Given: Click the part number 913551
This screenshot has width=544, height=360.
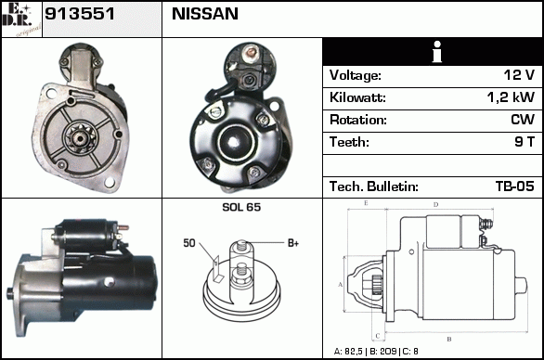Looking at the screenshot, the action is pos(80,14).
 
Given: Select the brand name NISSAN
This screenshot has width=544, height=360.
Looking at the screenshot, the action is pos(205,14).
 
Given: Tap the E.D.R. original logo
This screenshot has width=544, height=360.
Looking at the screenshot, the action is pos(21,19).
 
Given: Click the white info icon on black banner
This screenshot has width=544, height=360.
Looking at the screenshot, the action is pos(437,52).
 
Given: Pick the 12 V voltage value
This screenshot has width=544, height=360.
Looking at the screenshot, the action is pos(519,75).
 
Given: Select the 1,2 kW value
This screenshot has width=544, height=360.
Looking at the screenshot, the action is pos(511,97).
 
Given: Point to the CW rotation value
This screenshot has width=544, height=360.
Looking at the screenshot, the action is pos(523,120).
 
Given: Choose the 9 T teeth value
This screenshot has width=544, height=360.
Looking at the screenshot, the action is pos(525,142).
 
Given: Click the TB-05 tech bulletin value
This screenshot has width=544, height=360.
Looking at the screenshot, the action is pos(515,186).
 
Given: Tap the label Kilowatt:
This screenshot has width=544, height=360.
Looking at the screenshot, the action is pos(357,97).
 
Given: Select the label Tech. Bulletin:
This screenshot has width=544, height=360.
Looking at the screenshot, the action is pos(374,186).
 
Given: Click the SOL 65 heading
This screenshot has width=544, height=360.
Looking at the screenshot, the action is pos(241,207).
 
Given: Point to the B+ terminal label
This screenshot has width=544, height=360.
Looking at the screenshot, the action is pos(293,243).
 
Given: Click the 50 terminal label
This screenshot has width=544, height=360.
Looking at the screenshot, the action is pos(189,243).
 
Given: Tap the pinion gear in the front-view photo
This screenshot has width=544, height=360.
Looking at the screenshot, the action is pos(80,138).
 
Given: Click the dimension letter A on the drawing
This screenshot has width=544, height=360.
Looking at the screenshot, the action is pos(341,285).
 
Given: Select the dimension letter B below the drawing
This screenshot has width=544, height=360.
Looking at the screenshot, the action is pos(449,340).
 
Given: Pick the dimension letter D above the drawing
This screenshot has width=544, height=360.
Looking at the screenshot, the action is pos(436,205).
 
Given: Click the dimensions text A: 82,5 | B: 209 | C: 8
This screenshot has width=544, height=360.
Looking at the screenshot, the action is pos(376,352).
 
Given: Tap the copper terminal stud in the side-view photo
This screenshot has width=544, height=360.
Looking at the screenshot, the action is pos(123,228).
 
